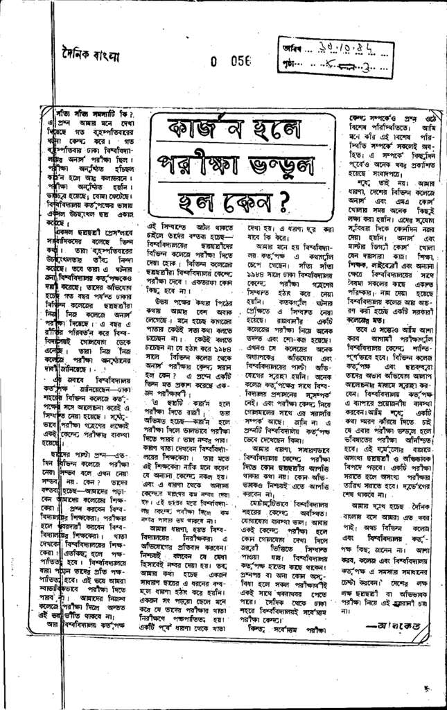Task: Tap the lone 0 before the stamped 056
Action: (x=214, y=60)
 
